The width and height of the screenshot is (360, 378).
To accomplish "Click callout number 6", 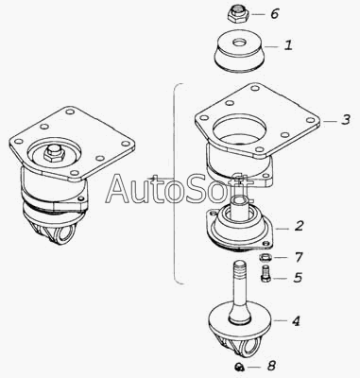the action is pyautogui.click(x=275, y=13).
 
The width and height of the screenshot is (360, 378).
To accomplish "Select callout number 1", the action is pyautogui.click(x=288, y=45).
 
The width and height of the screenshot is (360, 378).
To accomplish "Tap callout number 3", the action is pyautogui.click(x=346, y=119).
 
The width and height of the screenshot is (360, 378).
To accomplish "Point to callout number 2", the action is pyautogui.click(x=299, y=226).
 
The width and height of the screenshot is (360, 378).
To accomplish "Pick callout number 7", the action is pyautogui.click(x=299, y=257).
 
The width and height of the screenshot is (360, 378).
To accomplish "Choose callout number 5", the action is pyautogui.click(x=298, y=277).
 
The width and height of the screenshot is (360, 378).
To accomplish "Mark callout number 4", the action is pyautogui.click(x=296, y=321).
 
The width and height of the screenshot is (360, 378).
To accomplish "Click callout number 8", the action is pyautogui.click(x=271, y=366).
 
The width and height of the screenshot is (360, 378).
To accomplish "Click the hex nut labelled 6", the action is pyautogui.click(x=238, y=14).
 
